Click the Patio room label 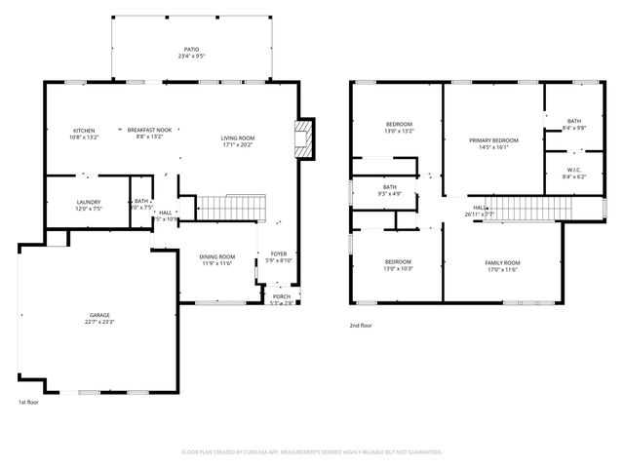[x=191, y=49]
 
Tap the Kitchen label [x=83, y=131]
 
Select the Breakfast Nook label [x=149, y=131]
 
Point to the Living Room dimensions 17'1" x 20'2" [x=237, y=145]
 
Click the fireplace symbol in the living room [x=304, y=138]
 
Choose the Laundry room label [x=89, y=202]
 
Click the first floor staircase [x=232, y=208]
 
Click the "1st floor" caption [x=28, y=402]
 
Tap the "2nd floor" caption [x=361, y=326]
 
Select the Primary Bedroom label [x=492, y=140]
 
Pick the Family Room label [x=502, y=262]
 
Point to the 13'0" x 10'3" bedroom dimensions [x=397, y=269]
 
